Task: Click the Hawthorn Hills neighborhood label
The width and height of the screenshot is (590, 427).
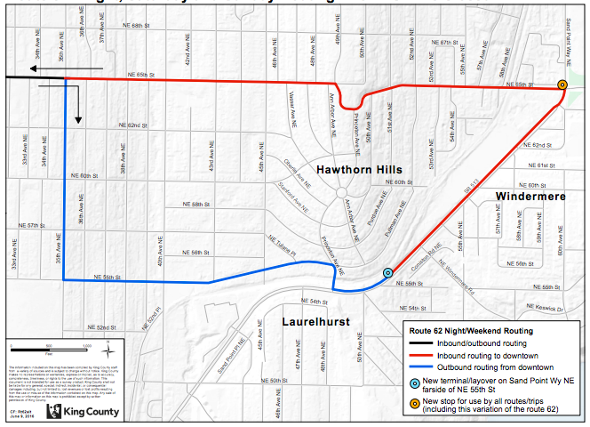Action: point(356,169)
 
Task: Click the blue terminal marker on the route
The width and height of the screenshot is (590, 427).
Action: point(387,273)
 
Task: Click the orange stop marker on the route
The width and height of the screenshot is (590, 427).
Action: point(562,85)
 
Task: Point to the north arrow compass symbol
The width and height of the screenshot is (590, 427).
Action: point(106,342)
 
